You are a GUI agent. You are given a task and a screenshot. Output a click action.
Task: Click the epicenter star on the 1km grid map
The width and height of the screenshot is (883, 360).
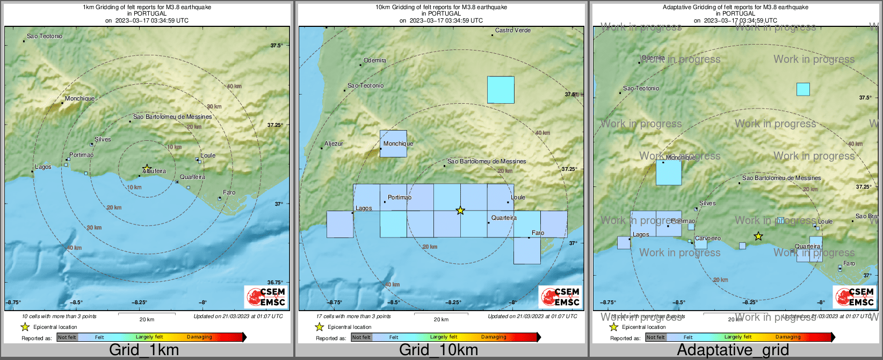(x=147, y=168)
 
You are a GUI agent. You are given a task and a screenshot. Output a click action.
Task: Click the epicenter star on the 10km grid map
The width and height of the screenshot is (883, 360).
(x=460, y=211)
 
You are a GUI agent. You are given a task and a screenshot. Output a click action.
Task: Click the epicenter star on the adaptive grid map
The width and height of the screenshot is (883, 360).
(x=758, y=236)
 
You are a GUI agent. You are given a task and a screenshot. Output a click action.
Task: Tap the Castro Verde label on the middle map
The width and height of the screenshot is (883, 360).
(x=512, y=31)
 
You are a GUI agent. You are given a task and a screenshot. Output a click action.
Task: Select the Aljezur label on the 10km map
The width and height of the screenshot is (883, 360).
(x=334, y=144)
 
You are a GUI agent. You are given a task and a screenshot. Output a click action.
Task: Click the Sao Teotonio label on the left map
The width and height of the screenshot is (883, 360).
(x=45, y=37)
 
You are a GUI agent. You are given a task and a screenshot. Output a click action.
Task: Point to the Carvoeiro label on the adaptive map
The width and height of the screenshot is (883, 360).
(x=707, y=238)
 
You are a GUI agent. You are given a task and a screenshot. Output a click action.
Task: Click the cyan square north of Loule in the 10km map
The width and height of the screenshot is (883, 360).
(x=501, y=90)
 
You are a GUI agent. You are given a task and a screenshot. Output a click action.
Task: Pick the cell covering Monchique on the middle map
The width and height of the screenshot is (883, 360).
(x=393, y=143)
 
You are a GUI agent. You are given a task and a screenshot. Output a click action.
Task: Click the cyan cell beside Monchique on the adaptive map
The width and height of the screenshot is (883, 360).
(x=669, y=172)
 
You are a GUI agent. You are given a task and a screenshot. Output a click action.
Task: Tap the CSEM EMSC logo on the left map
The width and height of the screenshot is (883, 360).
(x=265, y=297)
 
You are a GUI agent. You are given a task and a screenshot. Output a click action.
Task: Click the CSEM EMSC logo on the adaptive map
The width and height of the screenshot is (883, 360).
(x=854, y=297)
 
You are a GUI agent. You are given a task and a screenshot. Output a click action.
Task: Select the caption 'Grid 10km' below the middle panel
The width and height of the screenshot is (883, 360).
(x=438, y=350)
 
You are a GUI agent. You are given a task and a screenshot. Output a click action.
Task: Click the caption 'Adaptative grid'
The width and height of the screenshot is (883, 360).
(x=733, y=350)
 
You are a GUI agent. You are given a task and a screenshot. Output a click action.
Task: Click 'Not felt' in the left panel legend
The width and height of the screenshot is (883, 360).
(x=67, y=337)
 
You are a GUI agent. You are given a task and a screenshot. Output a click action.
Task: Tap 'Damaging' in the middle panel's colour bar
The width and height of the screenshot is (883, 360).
(x=494, y=337)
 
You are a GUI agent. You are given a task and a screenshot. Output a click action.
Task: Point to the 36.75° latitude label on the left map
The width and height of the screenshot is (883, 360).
(x=275, y=283)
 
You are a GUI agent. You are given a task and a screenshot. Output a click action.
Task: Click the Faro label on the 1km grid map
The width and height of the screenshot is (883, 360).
(x=229, y=193)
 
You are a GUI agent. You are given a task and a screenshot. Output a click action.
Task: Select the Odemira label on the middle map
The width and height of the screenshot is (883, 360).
(x=375, y=61)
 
